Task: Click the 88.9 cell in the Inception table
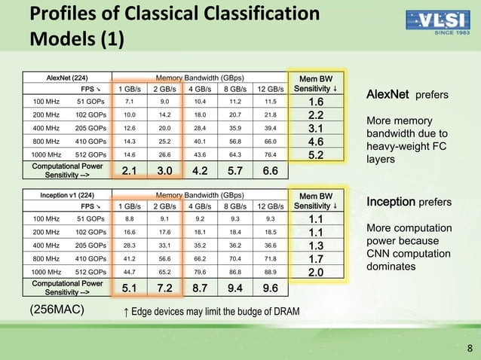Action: pos(271,271)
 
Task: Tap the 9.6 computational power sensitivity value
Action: pos(271,288)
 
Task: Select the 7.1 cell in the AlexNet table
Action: pos(129,102)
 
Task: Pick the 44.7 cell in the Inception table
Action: pos(129,271)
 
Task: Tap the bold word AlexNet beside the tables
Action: pos(387,95)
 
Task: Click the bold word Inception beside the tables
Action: pos(390,203)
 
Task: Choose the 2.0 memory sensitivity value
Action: pos(317,271)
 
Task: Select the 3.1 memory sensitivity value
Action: pos(317,127)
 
